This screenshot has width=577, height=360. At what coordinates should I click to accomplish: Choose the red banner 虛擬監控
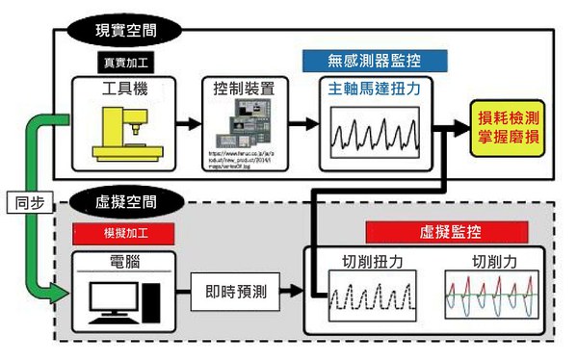(x=448, y=231)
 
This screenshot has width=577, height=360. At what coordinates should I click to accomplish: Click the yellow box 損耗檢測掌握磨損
(x=508, y=126)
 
